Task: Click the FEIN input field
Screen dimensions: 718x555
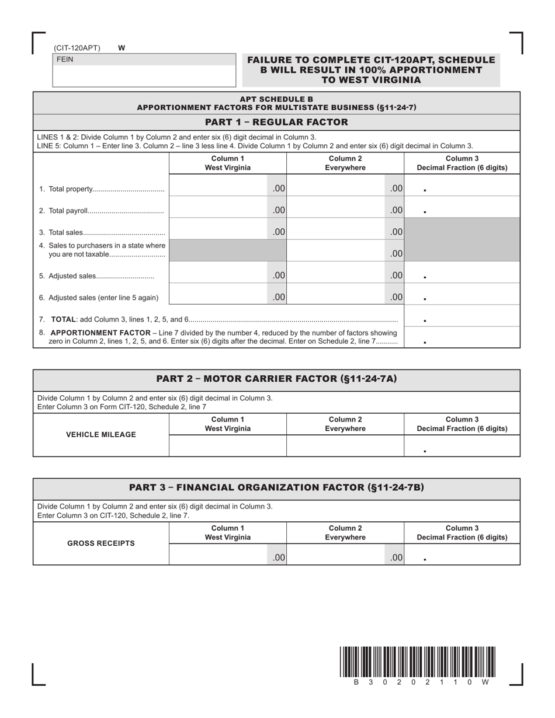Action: point(144,76)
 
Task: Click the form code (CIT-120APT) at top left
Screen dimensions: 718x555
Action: point(77,48)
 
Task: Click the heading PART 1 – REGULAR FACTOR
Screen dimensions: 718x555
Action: point(276,122)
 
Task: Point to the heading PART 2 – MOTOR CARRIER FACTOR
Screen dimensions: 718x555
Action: point(276,379)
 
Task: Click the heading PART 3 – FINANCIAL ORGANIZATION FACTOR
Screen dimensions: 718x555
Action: point(276,487)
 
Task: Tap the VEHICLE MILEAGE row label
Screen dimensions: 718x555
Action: point(101,434)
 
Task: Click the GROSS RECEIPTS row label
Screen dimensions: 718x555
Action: point(101,543)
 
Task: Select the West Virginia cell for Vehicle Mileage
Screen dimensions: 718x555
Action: point(227,445)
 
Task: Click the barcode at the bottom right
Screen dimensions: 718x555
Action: point(417,662)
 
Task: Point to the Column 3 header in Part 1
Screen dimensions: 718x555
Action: point(462,163)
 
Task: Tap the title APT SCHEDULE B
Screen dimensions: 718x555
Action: point(276,99)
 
